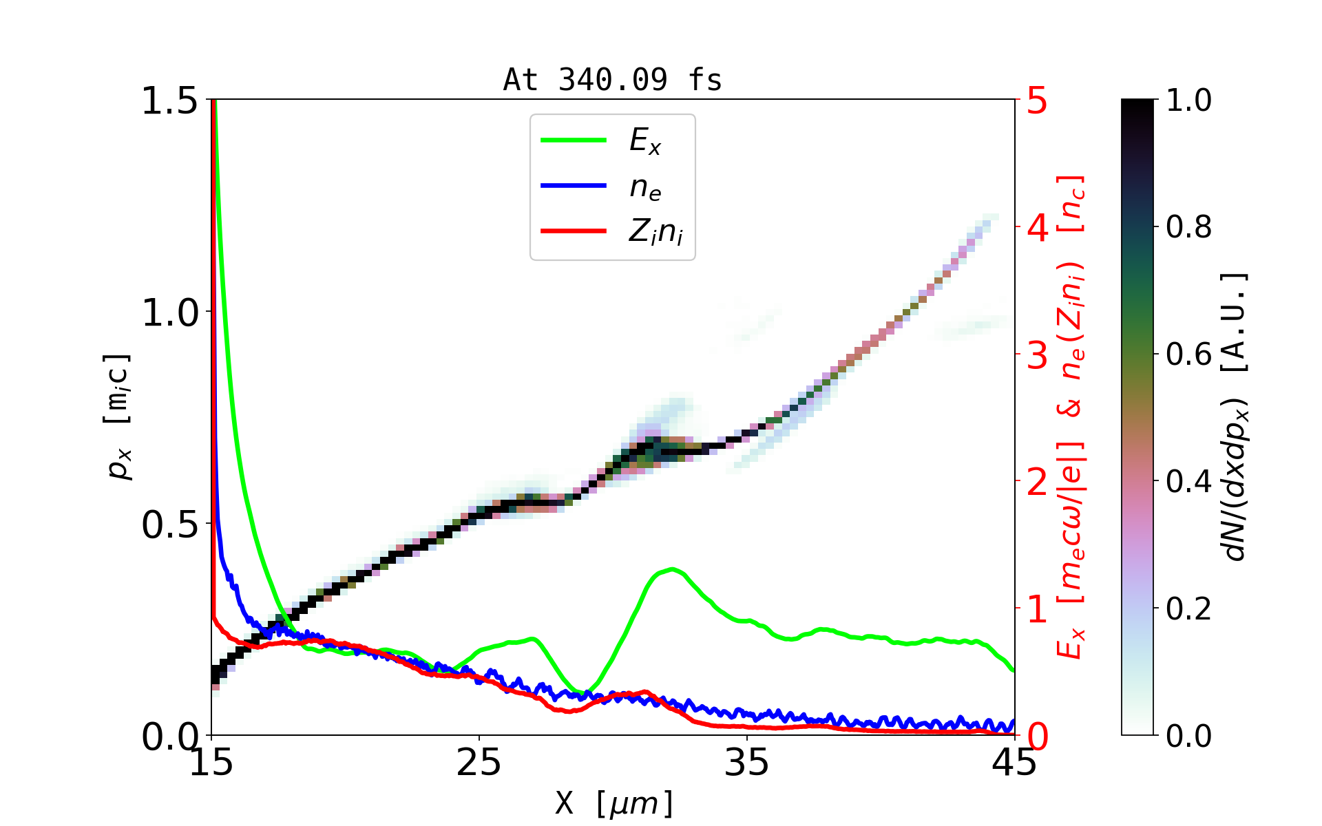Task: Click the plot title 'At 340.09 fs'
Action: coord(612,81)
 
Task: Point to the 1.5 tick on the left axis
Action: coord(169,101)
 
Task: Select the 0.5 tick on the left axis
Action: coord(169,525)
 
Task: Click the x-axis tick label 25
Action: coord(479,763)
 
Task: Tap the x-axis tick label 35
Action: coord(747,763)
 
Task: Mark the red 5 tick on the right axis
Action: coord(1037,101)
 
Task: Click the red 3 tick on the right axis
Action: coord(1037,355)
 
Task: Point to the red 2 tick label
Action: coord(1037,483)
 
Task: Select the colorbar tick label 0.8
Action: coord(1188,227)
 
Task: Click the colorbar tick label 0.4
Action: coord(1188,482)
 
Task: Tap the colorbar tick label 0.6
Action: coord(1188,354)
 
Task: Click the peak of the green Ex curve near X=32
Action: coord(671,569)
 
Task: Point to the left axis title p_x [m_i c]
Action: coord(118,416)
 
